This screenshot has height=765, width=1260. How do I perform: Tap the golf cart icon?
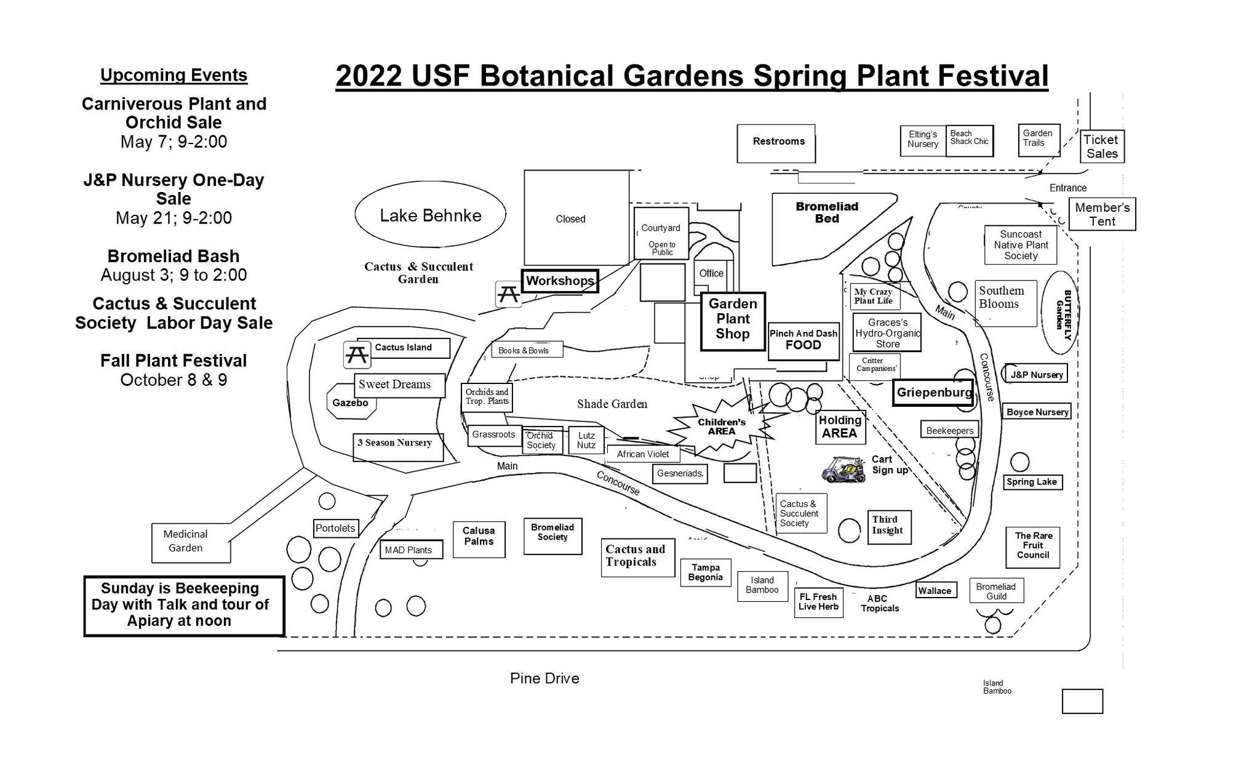[843, 470]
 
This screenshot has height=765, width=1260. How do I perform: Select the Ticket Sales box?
[1102, 146]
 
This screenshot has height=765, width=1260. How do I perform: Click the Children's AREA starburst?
[721, 427]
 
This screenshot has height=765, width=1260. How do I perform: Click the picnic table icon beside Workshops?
[508, 294]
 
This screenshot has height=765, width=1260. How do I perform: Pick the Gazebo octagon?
[350, 402]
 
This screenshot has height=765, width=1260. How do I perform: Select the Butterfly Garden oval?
[1059, 313]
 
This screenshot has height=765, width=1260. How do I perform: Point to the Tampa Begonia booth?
[706, 572]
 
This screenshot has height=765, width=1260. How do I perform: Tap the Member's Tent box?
[1102, 214]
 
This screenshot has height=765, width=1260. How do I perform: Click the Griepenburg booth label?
[933, 393]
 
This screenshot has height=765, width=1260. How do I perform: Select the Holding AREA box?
[840, 427]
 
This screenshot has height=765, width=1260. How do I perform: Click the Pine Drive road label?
[544, 678]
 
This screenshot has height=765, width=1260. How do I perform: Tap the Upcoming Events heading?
[173, 75]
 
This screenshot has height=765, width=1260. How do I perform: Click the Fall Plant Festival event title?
[173, 361]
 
